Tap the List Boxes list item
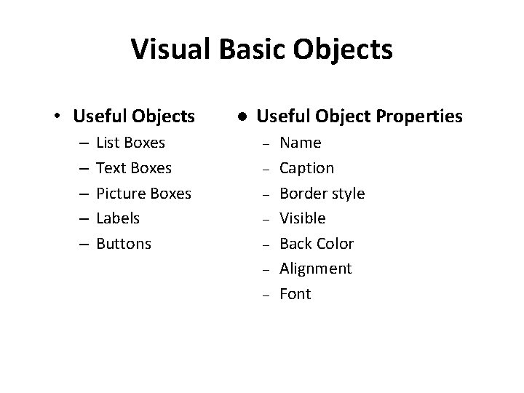point(131,143)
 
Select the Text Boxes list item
point(134,168)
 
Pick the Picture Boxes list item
point(143,194)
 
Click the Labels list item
point(118,218)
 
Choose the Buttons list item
point(124,244)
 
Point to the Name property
point(301,143)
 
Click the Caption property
point(307,168)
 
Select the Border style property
point(322,194)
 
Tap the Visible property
point(303,218)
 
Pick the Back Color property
point(317,244)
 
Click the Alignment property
point(316,269)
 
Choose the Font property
point(295,294)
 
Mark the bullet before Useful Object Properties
point(239,116)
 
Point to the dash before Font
point(266,295)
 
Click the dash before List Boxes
point(82,143)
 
